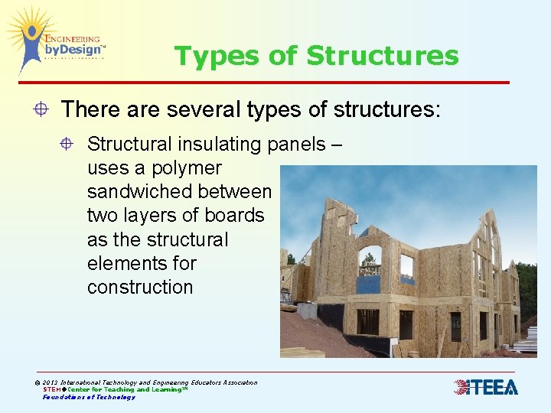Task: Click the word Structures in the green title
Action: pyautogui.click(x=382, y=56)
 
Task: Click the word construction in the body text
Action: pyautogui.click(x=140, y=287)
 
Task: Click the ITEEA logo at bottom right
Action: pyautogui.click(x=486, y=387)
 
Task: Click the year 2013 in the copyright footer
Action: pyautogui.click(x=51, y=382)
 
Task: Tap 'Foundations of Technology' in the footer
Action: pyautogui.click(x=88, y=397)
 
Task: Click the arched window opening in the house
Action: pyautogui.click(x=370, y=260)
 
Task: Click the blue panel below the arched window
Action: pyautogui.click(x=369, y=284)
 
